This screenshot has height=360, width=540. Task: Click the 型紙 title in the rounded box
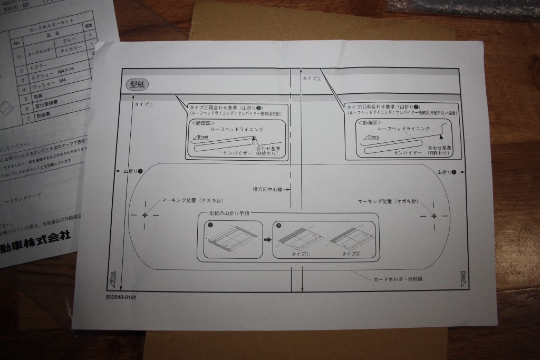click(138, 84)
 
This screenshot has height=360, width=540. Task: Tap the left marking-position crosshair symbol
click(146, 215)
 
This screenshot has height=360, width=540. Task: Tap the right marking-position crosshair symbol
click(433, 217)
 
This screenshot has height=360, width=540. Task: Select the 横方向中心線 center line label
click(268, 188)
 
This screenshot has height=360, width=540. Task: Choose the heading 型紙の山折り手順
click(229, 215)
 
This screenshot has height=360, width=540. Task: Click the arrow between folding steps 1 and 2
click(267, 239)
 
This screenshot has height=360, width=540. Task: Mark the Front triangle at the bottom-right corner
click(462, 277)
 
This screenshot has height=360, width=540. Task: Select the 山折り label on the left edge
click(132, 172)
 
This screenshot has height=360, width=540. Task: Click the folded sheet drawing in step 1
click(235, 240)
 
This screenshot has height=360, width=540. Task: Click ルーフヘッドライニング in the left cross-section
click(236, 129)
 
